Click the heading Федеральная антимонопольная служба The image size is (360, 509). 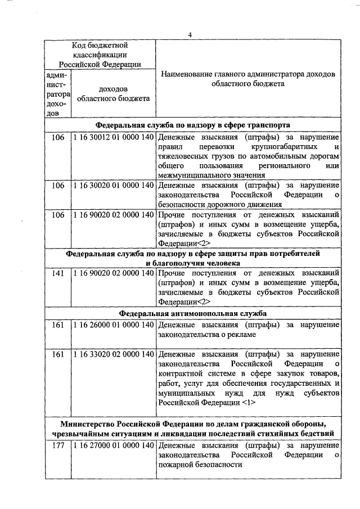click(x=192, y=313)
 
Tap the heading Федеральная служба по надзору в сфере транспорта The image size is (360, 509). click(x=192, y=125)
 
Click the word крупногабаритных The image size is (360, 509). click(x=269, y=147)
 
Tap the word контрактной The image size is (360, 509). click(x=181, y=374)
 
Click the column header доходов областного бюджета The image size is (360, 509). click(x=112, y=94)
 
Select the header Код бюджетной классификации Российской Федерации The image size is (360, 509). click(x=99, y=54)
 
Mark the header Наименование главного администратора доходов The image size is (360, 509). click(x=247, y=74)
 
